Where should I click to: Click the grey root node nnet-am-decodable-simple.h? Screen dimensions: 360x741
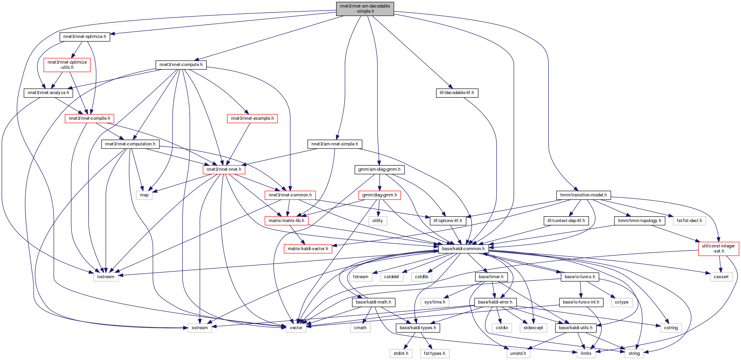365,9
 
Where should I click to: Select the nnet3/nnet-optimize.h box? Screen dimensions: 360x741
85,37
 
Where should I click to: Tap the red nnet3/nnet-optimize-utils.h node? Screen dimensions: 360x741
67,65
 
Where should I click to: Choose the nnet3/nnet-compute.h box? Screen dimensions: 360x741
181,65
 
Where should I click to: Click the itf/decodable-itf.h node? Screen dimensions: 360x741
457,93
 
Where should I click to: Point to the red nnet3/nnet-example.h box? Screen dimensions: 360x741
252,118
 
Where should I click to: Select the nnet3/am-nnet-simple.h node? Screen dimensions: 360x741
335,144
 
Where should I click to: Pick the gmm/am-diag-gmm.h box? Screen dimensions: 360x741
379,169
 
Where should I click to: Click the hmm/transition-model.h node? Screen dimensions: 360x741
583,195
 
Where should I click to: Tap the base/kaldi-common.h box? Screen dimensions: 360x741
463,249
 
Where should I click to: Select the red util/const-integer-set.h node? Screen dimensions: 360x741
718,248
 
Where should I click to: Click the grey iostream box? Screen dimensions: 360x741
106,277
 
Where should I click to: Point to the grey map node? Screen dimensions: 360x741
144,195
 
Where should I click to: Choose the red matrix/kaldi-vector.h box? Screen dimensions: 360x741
308,249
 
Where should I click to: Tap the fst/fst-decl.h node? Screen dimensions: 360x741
689,221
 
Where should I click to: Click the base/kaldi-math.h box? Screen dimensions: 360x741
373,302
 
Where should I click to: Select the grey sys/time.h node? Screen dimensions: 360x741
435,302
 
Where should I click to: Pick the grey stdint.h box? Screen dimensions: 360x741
401,353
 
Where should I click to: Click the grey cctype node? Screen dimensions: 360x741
622,302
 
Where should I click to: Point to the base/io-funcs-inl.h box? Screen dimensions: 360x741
581,302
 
